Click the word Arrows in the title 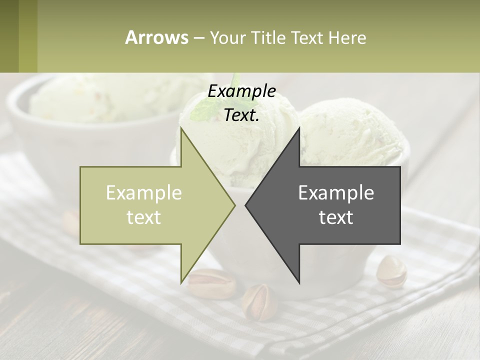click(156, 37)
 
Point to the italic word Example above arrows click(241, 91)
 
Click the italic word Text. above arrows click(241, 115)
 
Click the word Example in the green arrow click(144, 193)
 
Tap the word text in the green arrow click(144, 217)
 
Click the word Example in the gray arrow click(336, 193)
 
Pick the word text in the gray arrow click(336, 217)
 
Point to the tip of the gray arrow click(246, 205)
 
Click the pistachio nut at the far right click(391, 271)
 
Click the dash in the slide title click(199, 38)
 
